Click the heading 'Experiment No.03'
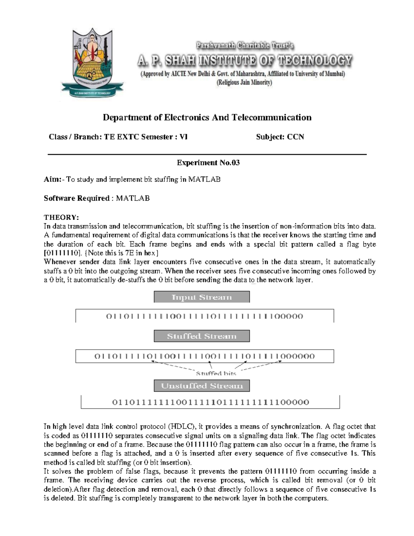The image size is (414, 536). coord(208,163)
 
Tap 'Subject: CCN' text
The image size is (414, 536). coord(280,137)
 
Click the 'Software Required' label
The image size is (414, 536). coord(77,198)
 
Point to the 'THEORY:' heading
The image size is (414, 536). coord(61,217)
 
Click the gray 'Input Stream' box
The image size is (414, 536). coord(201,297)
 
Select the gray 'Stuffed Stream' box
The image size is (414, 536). coord(201,336)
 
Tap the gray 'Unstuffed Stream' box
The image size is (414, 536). coord(201,386)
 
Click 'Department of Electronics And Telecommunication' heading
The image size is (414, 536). coord(207,118)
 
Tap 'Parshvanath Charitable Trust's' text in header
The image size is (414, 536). coord(245,46)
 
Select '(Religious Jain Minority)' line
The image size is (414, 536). coord(244,83)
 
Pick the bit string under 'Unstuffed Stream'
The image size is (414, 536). coord(210,402)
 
